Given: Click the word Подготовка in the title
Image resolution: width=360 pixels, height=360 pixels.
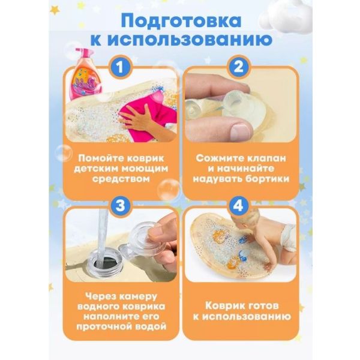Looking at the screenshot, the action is (x=181, y=21).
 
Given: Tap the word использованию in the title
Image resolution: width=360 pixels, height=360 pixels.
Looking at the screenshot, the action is (x=190, y=40).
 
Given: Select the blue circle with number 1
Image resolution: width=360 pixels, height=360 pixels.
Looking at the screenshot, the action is (x=120, y=67).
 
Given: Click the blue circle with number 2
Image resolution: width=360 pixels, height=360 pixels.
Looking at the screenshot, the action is (x=239, y=67).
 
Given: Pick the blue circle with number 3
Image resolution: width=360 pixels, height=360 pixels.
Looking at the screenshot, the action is (x=120, y=205).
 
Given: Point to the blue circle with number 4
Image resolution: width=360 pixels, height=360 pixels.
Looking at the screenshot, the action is (x=239, y=205).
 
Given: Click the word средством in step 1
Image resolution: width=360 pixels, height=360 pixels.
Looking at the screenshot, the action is (x=121, y=179).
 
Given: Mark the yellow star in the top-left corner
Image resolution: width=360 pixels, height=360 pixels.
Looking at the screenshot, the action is (x=55, y=10).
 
